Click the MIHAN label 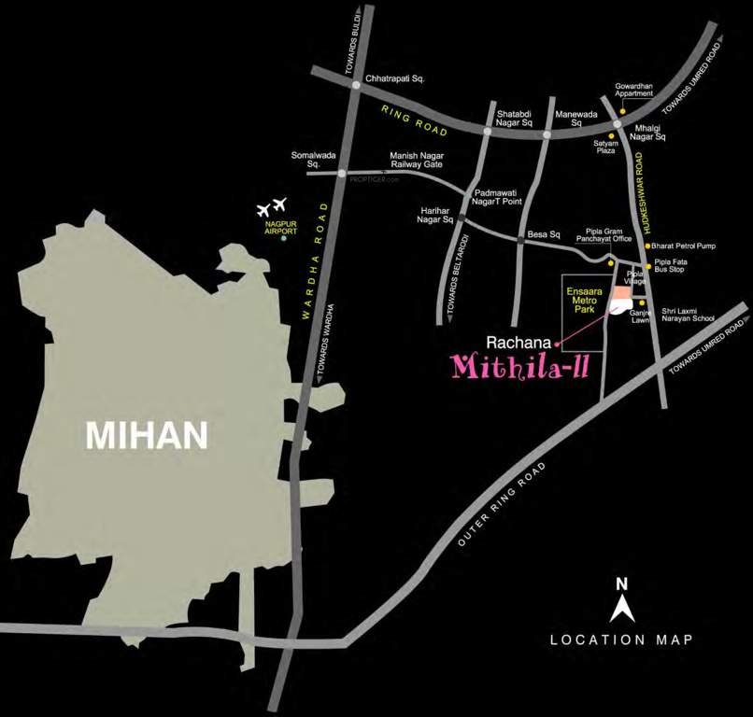147,434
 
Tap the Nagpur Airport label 276,228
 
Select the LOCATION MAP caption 621,640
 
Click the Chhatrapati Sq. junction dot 356,85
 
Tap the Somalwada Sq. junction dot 342,173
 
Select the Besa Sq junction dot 520,241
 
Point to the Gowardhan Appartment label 640,90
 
